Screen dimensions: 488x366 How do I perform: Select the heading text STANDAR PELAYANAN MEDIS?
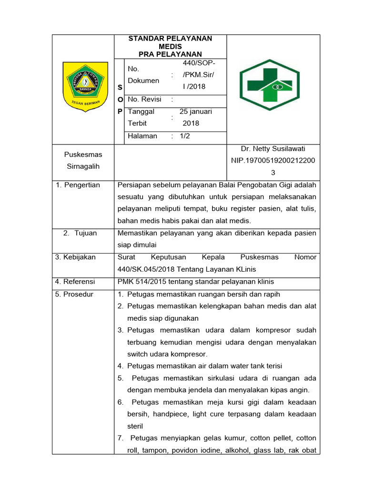tap(170, 42)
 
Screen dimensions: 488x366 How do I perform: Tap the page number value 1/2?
tap(184, 136)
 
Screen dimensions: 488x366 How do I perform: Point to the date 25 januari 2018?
tap(195, 118)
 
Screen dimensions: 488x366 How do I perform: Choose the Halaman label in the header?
tap(142, 136)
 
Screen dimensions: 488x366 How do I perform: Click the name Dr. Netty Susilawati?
tap(273, 149)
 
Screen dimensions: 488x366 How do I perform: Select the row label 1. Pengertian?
tap(78, 185)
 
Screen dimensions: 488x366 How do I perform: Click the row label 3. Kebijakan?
tap(76, 257)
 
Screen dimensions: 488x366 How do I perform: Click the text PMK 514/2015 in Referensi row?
tap(142, 282)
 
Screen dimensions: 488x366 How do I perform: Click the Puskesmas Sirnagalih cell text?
tap(83, 161)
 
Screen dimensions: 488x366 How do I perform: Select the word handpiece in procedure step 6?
tap(159, 415)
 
